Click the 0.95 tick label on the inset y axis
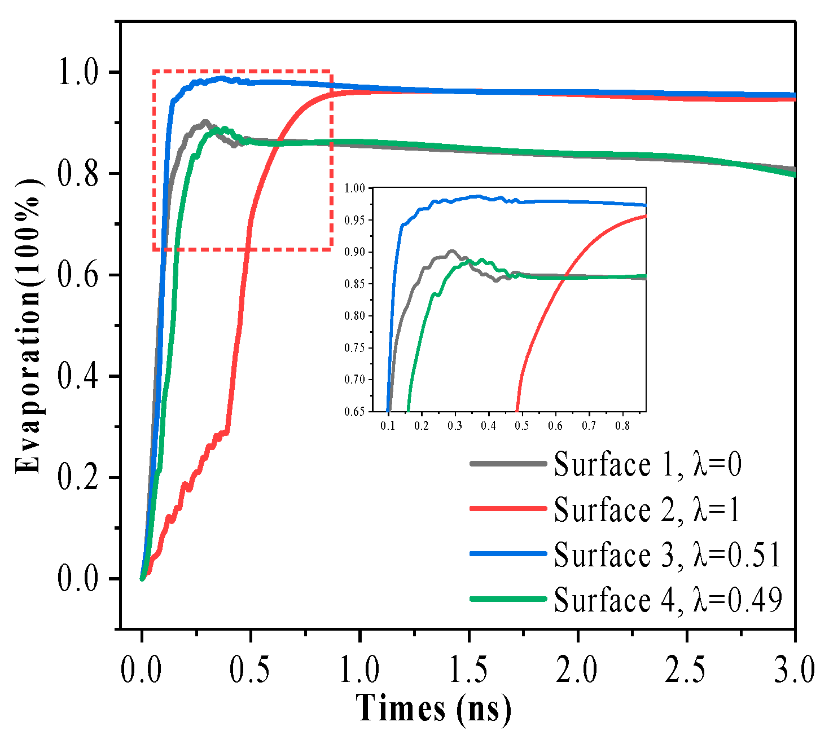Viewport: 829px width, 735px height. (x=355, y=220)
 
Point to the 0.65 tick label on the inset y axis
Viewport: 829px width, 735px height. (x=355, y=411)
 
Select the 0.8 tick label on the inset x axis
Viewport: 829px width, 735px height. (x=622, y=424)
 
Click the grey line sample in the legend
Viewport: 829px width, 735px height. (x=508, y=464)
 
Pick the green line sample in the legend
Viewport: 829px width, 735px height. (x=508, y=599)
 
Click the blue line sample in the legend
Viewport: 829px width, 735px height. (x=508, y=554)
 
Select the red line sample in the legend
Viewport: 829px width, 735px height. (x=508, y=509)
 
